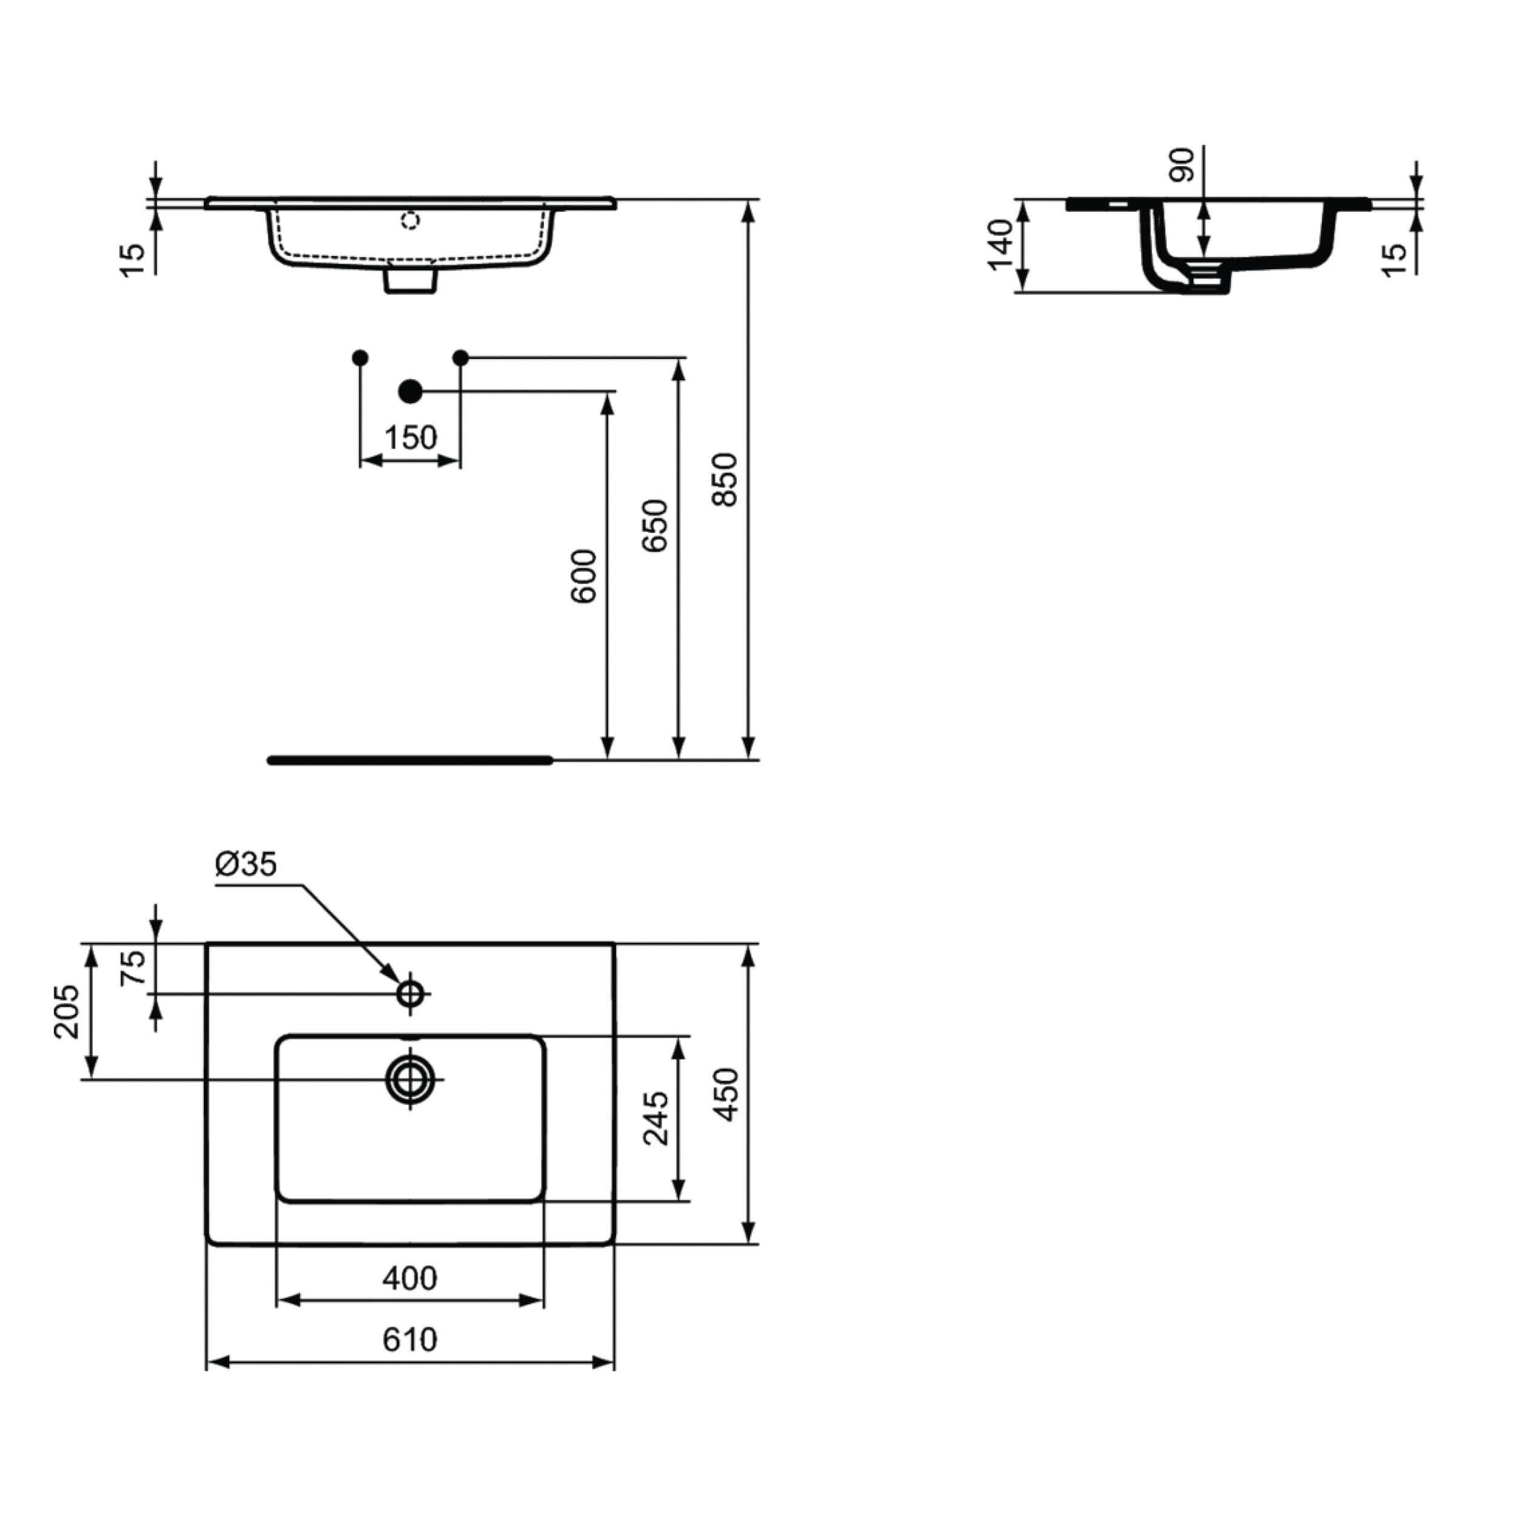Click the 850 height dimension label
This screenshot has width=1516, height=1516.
[x=726, y=480]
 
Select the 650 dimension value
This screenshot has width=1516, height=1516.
[x=655, y=526]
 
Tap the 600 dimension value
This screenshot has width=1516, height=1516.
[x=584, y=577]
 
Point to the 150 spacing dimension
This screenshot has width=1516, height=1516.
[x=411, y=438]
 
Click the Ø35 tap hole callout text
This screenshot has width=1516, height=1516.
[x=246, y=864]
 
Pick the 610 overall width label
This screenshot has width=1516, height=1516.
[x=409, y=1340]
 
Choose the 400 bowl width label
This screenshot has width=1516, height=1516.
[x=409, y=1278]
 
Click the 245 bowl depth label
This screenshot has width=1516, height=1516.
[x=656, y=1118]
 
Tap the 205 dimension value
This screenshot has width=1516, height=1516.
[x=67, y=1012]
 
